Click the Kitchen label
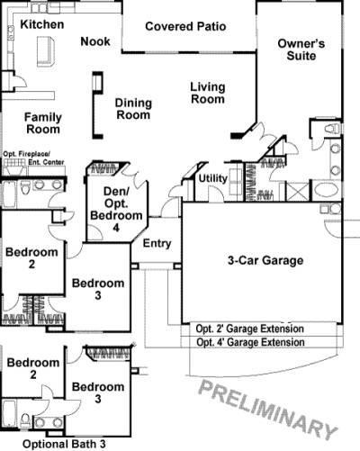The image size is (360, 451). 42,24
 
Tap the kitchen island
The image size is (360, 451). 41,55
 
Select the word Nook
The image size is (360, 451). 95,41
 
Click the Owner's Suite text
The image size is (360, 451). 301,50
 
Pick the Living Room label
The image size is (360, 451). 207,93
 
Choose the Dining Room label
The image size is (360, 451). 133,109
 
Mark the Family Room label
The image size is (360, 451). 42,123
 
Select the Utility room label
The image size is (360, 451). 213,178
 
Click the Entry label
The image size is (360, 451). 157,243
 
